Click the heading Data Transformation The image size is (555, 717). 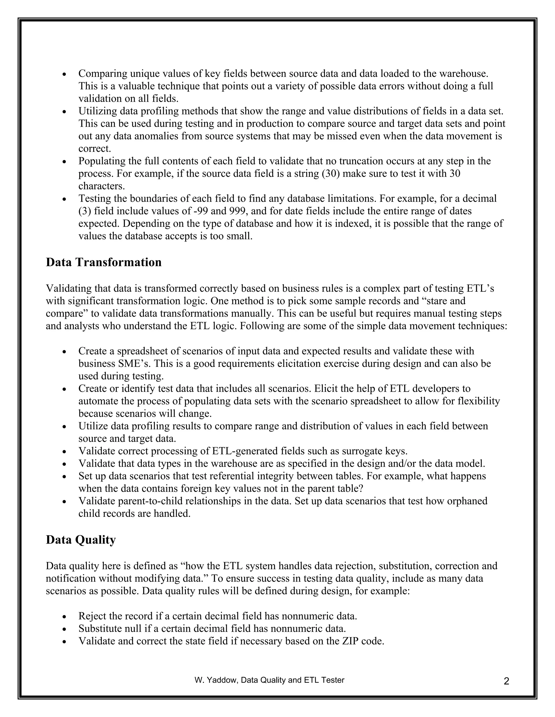coord(104,262)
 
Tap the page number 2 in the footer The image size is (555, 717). coord(506,682)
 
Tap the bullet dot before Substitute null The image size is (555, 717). coord(65,629)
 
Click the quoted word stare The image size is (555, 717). coord(439,301)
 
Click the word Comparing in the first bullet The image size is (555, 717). coord(103,74)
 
